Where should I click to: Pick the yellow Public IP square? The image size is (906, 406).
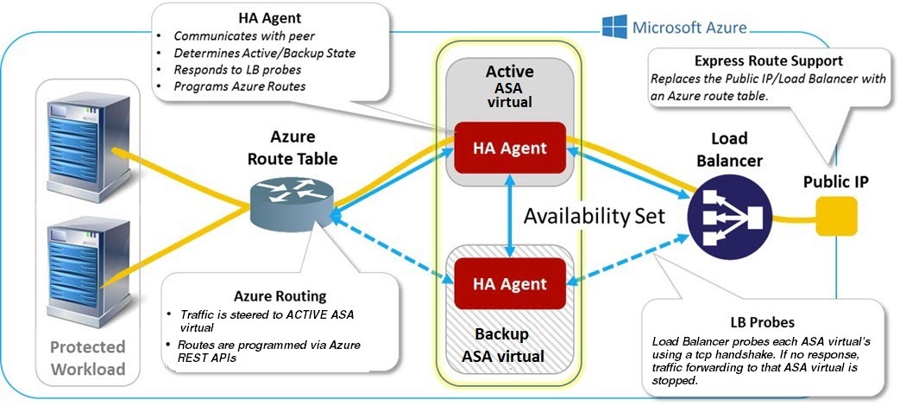tap(836, 216)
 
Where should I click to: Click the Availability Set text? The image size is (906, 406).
tap(595, 215)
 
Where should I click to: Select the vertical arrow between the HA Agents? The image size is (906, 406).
tap(511, 215)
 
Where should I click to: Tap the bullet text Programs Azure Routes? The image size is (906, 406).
tap(239, 86)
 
